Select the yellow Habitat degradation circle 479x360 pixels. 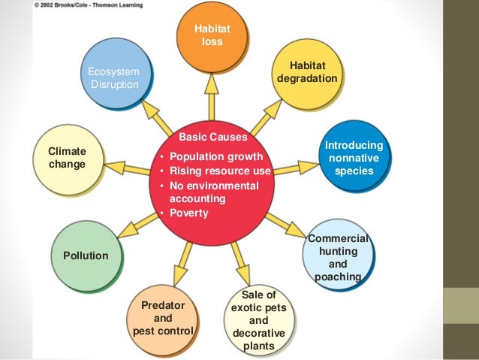tap(307, 72)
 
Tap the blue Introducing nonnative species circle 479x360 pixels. tap(353, 159)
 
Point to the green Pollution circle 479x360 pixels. tap(86, 256)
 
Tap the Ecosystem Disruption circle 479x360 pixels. tap(115, 77)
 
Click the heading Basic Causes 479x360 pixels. tap(212, 138)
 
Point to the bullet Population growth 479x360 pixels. tap(216, 156)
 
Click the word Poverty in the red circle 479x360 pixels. tap(189, 213)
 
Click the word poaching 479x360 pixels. tap(338, 277)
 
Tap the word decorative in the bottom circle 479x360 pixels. tap(258, 333)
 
